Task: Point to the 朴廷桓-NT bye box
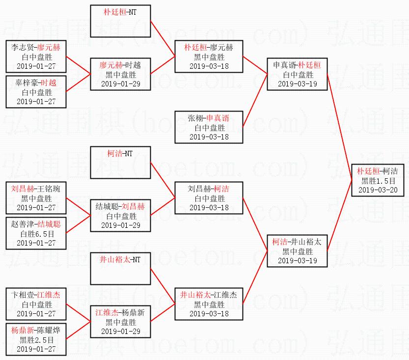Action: pos(120,21)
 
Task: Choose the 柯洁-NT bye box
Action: pos(120,163)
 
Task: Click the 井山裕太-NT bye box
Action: pos(120,268)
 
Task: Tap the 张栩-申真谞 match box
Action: pos(209,127)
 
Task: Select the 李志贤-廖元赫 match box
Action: pos(36,56)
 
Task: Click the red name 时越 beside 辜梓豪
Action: pos(48,83)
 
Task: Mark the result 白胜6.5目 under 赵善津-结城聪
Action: pos(36,234)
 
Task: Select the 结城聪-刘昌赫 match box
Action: pos(120,216)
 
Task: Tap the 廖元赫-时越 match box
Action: pos(120,74)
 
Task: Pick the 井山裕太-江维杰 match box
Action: pos(209,304)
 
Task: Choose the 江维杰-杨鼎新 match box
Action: pos(120,321)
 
